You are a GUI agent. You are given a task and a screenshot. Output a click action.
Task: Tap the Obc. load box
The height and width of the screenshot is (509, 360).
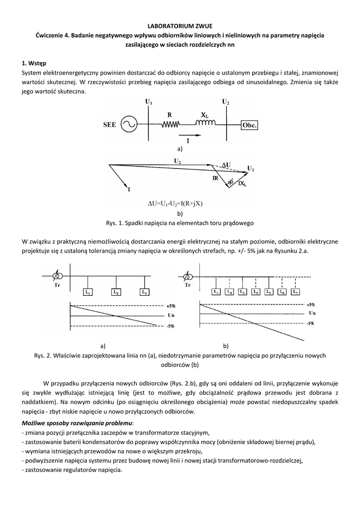tap(249, 125)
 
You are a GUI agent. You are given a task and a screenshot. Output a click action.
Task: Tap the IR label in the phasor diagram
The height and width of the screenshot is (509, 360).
tap(215, 178)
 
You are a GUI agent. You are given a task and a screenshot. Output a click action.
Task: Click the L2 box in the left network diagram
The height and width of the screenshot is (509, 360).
tap(116, 292)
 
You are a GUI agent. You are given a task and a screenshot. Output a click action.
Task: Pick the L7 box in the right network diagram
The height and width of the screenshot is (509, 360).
tap(295, 292)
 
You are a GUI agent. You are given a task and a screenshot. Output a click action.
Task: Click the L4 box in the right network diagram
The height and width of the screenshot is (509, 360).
tap(229, 292)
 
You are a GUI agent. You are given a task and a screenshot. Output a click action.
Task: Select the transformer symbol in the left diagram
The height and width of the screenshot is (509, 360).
tap(58, 276)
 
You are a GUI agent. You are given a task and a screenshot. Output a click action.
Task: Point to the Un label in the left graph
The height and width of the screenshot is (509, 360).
tap(171, 315)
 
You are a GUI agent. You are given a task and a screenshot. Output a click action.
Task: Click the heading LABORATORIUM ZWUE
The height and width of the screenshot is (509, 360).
tap(180, 25)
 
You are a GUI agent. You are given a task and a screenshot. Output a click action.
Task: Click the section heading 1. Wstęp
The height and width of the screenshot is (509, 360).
tap(34, 63)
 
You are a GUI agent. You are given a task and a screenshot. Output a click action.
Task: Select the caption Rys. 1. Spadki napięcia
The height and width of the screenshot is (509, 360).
tap(180, 223)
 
